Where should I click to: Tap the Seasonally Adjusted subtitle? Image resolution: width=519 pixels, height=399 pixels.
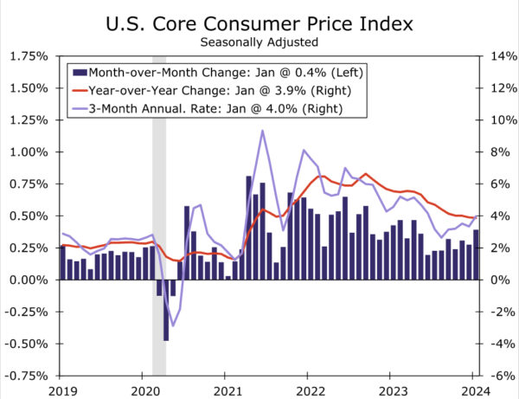click(259, 40)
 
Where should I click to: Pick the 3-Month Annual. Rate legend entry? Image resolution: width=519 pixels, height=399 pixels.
click(208, 108)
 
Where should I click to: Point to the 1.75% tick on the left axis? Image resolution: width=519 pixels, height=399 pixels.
click(29, 56)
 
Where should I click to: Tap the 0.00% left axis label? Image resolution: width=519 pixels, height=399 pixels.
click(29, 280)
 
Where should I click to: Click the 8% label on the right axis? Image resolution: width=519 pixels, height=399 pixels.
click(497, 152)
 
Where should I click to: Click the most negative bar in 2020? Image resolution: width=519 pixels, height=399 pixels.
click(166, 310)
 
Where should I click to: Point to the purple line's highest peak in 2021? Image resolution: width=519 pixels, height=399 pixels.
click(262, 131)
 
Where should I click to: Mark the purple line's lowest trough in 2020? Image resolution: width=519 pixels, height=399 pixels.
click(173, 326)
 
